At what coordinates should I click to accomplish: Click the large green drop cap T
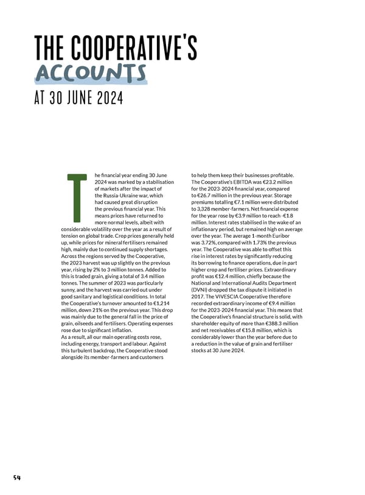click(78, 198)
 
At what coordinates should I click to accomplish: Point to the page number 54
click(16, 477)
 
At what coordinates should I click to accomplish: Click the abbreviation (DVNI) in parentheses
click(201, 290)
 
